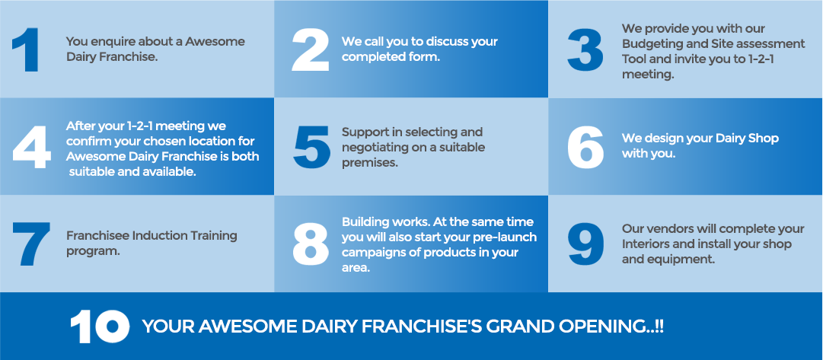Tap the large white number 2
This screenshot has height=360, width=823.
(x=310, y=50)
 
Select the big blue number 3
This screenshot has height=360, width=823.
(x=585, y=50)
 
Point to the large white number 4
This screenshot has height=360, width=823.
(x=31, y=147)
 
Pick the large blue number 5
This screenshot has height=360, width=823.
(x=312, y=147)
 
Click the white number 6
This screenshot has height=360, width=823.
(x=585, y=147)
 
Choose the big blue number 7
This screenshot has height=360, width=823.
(x=31, y=244)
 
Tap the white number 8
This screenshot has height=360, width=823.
(x=310, y=244)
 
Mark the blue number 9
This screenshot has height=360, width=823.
(x=585, y=244)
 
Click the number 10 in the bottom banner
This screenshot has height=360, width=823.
(x=100, y=327)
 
